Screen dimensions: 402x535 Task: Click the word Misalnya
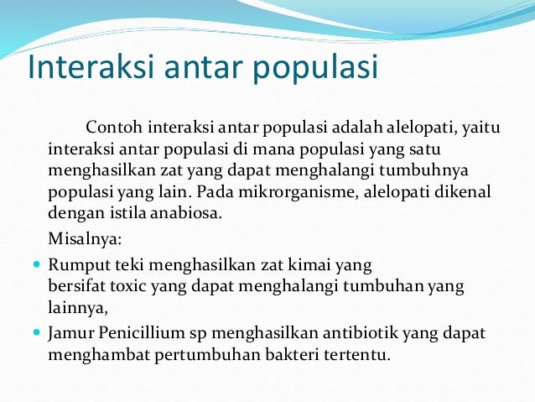pos(85,238)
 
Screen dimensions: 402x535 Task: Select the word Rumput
pos(76,266)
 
